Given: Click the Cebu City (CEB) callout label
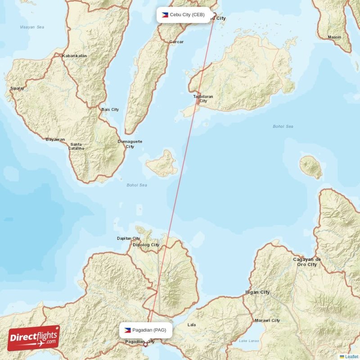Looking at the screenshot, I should [184, 15].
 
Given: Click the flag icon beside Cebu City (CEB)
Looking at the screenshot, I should [165, 15].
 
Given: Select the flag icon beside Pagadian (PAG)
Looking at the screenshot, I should [128, 330].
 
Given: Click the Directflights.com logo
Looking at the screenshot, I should [34, 338].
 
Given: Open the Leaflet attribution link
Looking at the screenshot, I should [351, 356].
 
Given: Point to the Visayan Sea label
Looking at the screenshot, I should [32, 27].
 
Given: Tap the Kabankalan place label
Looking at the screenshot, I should [75, 56].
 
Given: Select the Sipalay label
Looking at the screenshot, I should [17, 89].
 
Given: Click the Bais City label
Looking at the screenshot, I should [110, 109].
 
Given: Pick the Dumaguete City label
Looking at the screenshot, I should [130, 144].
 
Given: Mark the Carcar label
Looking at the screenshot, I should [176, 42].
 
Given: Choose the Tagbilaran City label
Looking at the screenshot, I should [203, 99].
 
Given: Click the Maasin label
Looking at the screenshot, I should [334, 37].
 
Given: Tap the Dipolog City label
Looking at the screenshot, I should [145, 245].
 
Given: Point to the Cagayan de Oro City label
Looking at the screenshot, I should [306, 262].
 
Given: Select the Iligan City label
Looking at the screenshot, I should [257, 292].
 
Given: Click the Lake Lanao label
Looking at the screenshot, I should [249, 341].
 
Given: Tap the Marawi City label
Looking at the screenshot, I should [267, 320].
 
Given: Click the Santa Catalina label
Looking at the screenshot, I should [76, 146].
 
